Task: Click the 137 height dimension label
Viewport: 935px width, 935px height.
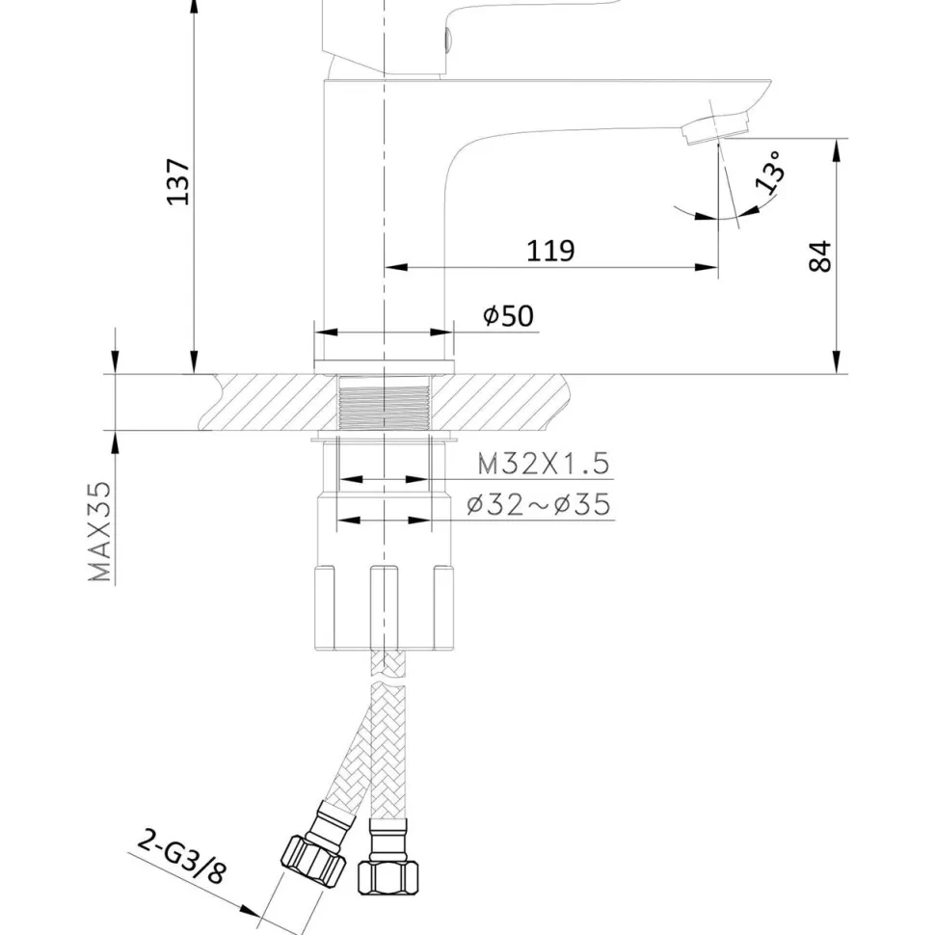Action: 178,182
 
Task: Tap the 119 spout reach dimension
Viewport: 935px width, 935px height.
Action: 550,251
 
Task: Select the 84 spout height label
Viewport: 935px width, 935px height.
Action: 820,256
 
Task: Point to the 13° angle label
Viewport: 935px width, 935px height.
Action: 769,172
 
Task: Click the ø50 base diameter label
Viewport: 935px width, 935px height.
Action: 508,315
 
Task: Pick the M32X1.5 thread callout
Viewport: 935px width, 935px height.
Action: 544,464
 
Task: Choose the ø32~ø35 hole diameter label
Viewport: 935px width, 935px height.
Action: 539,504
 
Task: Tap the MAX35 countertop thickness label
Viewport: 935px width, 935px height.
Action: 99,531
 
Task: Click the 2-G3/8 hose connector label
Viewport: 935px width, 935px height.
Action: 182,856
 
